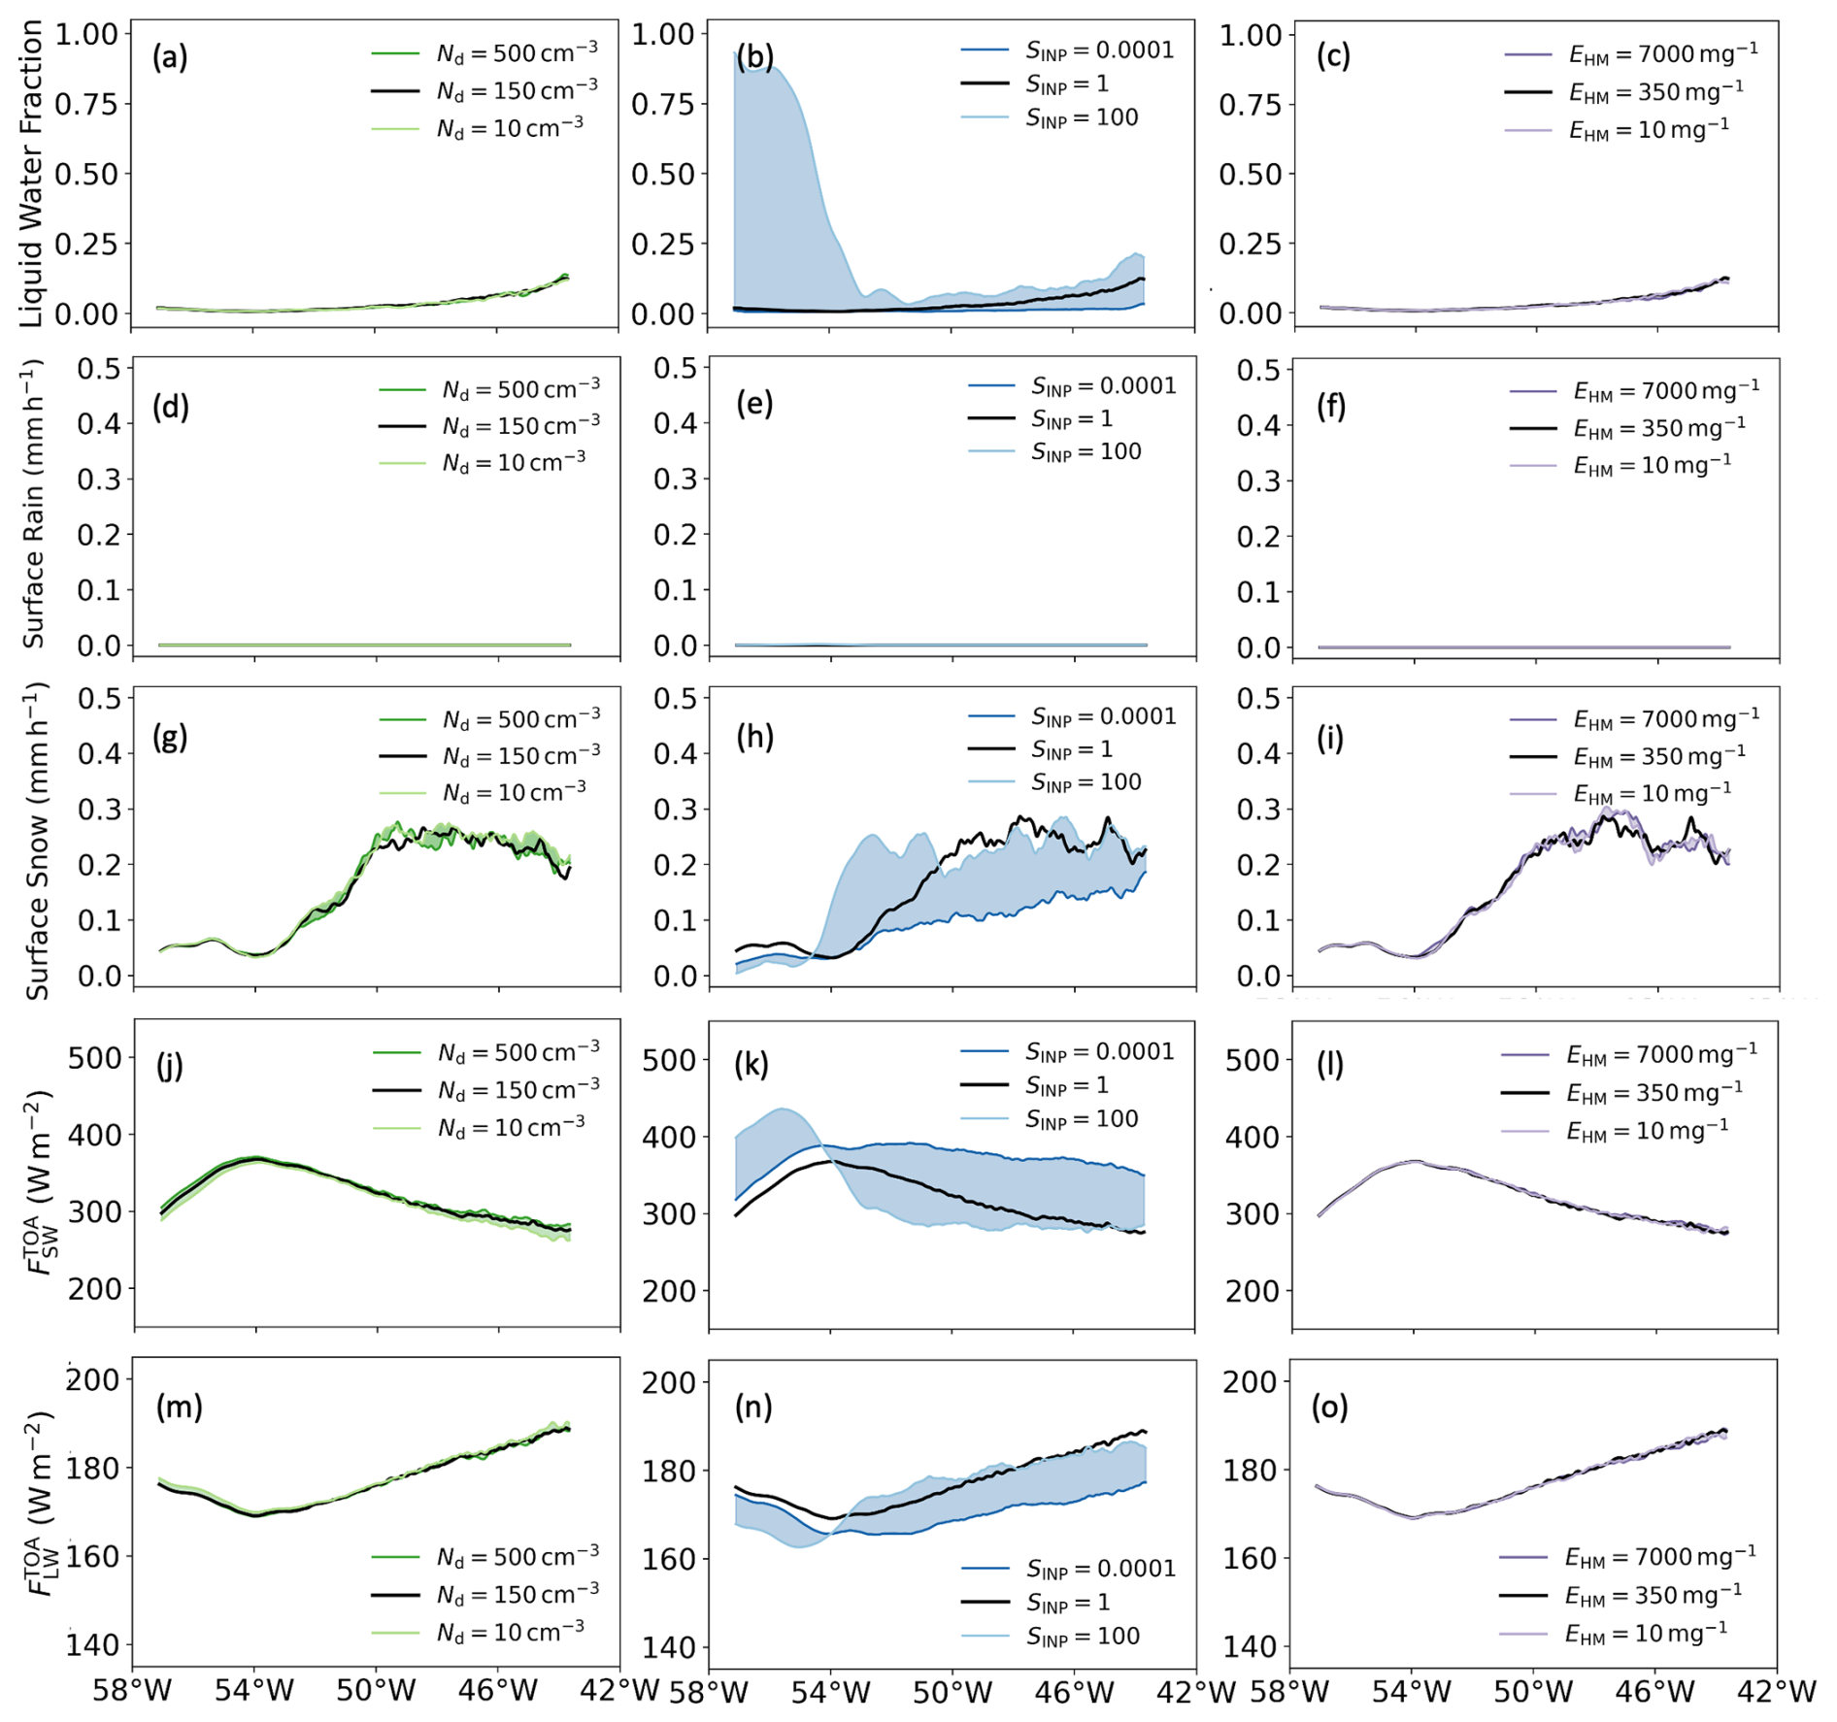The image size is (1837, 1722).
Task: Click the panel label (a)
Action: pyautogui.click(x=170, y=58)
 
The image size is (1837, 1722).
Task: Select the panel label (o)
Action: pyautogui.click(x=1329, y=1407)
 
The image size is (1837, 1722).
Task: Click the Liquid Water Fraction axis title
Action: pyautogui.click(x=31, y=175)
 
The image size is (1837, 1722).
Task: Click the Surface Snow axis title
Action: pyautogui.click(x=37, y=841)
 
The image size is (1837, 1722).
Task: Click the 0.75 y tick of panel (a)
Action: pyautogui.click(x=85, y=104)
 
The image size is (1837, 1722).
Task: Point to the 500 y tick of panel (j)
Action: pyautogui.click(x=94, y=1058)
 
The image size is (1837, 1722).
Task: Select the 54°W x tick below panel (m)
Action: pyautogui.click(x=254, y=1692)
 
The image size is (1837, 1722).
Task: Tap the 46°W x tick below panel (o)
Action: pyautogui.click(x=1654, y=1692)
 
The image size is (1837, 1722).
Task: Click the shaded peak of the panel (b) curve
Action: pyautogui.click(x=767, y=64)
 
